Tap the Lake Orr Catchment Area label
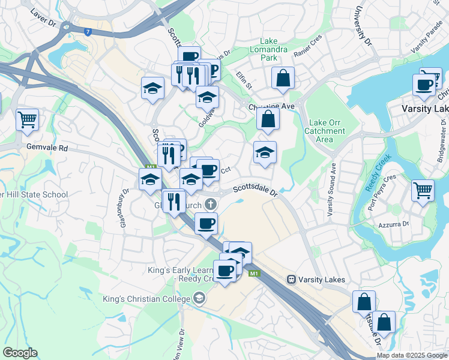[x=325, y=131]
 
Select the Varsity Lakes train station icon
[x=291, y=279]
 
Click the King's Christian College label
[x=146, y=298]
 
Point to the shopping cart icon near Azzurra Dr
[x=423, y=191]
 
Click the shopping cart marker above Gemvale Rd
[x=27, y=119]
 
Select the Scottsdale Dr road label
[x=255, y=190]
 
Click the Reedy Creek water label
[x=378, y=173]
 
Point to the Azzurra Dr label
[x=393, y=224]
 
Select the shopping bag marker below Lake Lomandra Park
[x=283, y=78]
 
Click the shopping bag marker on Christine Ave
[x=268, y=119]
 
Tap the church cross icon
[x=210, y=205]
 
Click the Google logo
[x=20, y=353]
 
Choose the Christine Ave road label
[x=271, y=106]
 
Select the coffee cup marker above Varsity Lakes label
[x=424, y=85]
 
